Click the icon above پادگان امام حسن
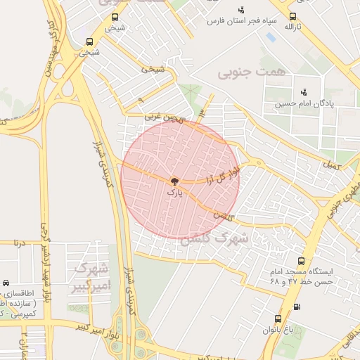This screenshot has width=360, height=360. coord(304,91)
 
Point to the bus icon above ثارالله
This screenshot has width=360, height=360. coord(292,16)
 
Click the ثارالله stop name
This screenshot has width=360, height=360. coord(292,27)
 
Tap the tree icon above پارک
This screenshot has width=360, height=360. coord(174,181)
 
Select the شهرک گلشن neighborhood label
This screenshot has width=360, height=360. coord(215,239)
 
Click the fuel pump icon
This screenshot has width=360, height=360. coord(296,307)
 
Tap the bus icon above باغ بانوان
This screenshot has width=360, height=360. coord(278,319)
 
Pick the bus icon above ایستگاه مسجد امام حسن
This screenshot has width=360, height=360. coord(301,261)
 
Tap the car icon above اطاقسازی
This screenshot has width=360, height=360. coord(6,283)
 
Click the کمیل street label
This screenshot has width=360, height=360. coord(330,166)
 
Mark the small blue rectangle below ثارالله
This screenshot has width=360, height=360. coord(271,37)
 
